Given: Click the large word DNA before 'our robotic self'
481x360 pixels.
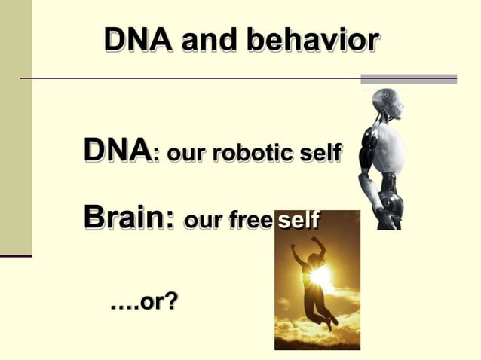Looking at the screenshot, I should click(117, 151).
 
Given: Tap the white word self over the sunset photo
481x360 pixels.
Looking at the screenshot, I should click(298, 221).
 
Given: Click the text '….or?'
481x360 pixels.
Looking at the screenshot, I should click(143, 303).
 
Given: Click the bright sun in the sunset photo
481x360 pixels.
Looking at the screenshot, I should click(320, 276).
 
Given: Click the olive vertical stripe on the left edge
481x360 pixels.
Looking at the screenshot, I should click(16, 128).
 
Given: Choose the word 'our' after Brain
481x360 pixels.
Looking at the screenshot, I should click(201, 221).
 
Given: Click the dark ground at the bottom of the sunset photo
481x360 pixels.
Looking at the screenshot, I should click(317, 343).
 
